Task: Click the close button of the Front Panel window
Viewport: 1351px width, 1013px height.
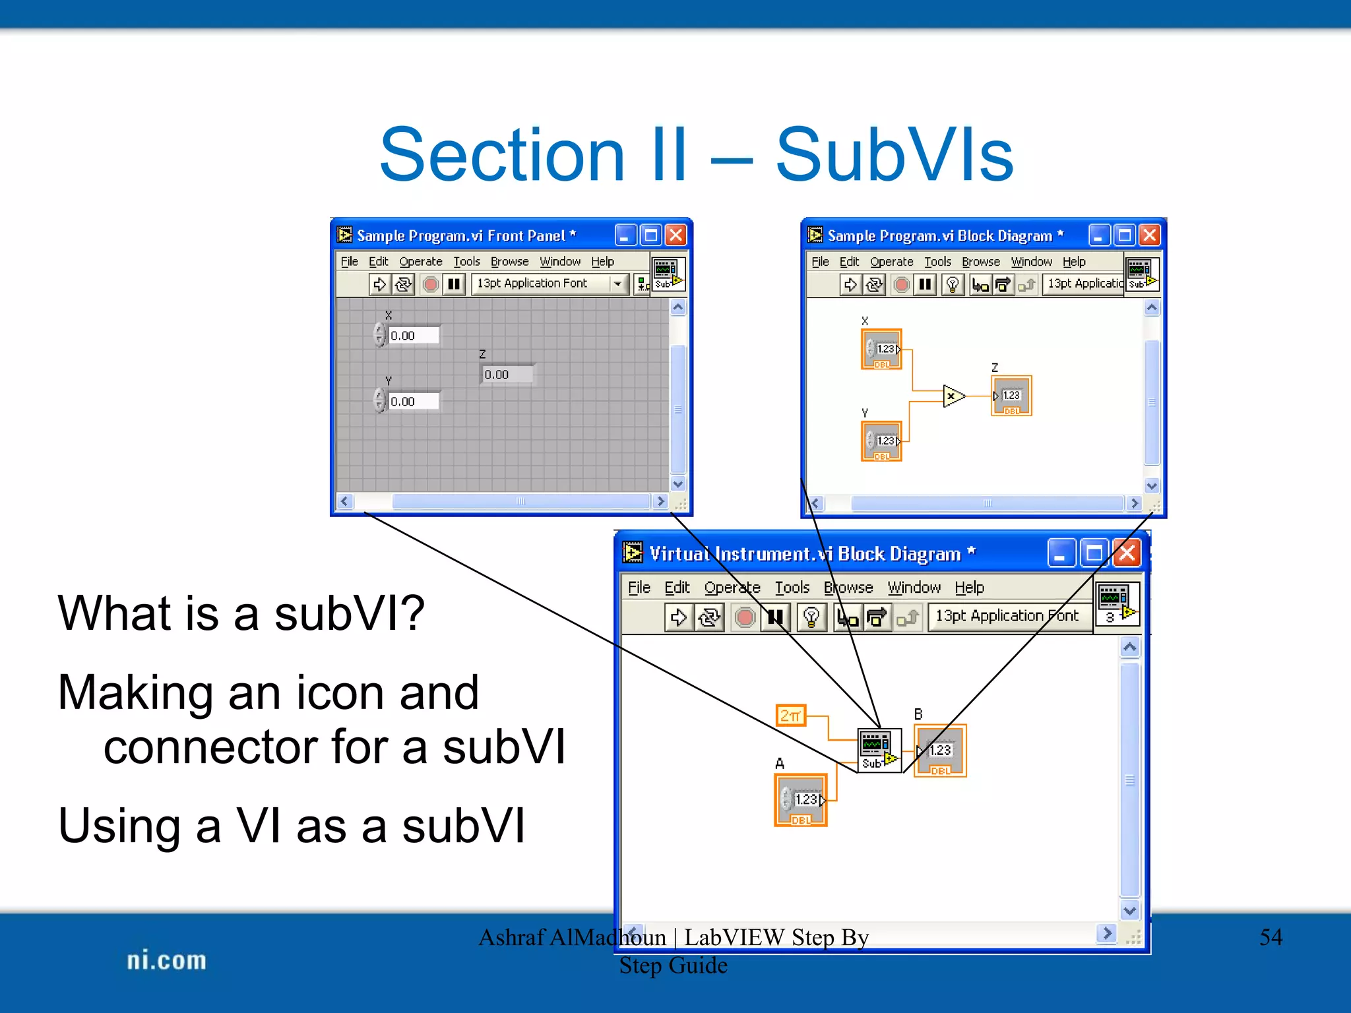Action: pyautogui.click(x=675, y=235)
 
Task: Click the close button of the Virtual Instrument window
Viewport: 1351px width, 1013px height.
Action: pyautogui.click(x=1127, y=553)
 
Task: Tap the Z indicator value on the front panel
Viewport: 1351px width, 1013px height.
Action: pyautogui.click(x=507, y=375)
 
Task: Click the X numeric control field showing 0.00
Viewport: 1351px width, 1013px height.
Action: pyautogui.click(x=413, y=336)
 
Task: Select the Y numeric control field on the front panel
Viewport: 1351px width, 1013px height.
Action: pyautogui.click(x=413, y=402)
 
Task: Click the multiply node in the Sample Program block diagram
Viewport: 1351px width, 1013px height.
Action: pyautogui.click(x=953, y=396)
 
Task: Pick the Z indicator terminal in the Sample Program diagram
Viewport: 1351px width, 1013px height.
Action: pyautogui.click(x=1011, y=396)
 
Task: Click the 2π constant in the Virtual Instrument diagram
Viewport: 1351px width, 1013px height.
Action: pyautogui.click(x=790, y=715)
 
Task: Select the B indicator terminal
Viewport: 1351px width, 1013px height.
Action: pyautogui.click(x=940, y=751)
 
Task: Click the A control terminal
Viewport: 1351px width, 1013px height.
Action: pyautogui.click(x=801, y=800)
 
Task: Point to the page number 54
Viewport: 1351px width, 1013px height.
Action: pyautogui.click(x=1271, y=937)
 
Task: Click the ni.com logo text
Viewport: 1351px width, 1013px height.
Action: pyautogui.click(x=166, y=961)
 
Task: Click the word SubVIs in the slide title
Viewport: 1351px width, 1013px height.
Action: pyautogui.click(x=894, y=156)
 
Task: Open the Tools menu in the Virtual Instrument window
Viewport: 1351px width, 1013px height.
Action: pyautogui.click(x=792, y=588)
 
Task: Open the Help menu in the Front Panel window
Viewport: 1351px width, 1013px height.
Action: pyautogui.click(x=602, y=262)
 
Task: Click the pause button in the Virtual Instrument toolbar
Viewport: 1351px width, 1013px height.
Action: pyautogui.click(x=776, y=617)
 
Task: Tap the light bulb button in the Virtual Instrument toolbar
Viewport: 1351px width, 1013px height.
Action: pyautogui.click(x=811, y=617)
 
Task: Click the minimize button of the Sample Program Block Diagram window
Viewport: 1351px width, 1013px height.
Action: pyautogui.click(x=1098, y=235)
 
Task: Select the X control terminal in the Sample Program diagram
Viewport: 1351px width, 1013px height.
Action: pyautogui.click(x=881, y=350)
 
